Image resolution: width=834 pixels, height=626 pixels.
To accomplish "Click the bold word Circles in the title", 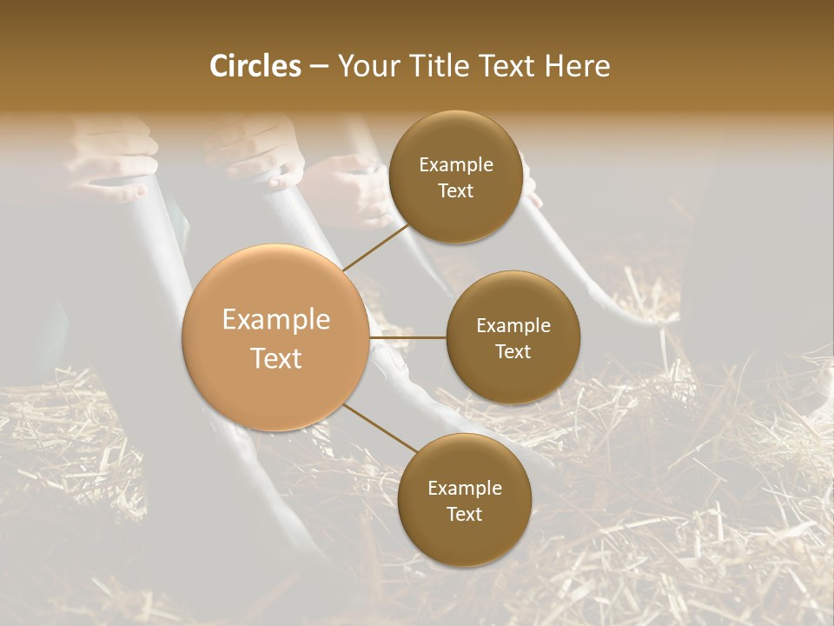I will (x=255, y=66).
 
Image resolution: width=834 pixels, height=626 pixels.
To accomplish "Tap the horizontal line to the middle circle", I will (x=407, y=337).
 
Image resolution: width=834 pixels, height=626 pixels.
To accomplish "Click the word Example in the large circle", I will (x=276, y=320).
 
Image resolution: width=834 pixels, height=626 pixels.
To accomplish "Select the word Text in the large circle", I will (x=276, y=358).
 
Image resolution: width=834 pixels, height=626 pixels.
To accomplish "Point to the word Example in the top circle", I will (x=455, y=165).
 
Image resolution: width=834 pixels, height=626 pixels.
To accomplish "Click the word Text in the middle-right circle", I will (x=513, y=351).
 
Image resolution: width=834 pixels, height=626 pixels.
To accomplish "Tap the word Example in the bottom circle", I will (x=464, y=489).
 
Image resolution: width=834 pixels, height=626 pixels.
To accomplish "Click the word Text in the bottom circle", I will (x=464, y=514).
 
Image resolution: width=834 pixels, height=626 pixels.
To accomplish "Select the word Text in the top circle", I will (x=455, y=190).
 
